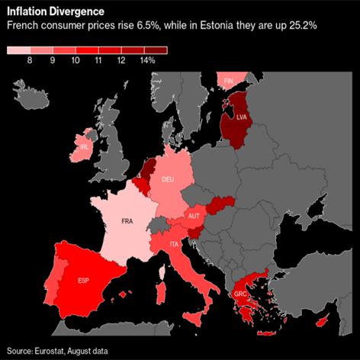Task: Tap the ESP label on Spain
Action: point(83,280)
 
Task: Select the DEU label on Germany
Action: point(168,179)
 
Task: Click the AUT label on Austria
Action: point(193,217)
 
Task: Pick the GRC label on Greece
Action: point(240,295)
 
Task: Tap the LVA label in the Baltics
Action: point(243,117)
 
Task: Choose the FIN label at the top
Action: point(229,80)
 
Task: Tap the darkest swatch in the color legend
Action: point(156,50)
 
